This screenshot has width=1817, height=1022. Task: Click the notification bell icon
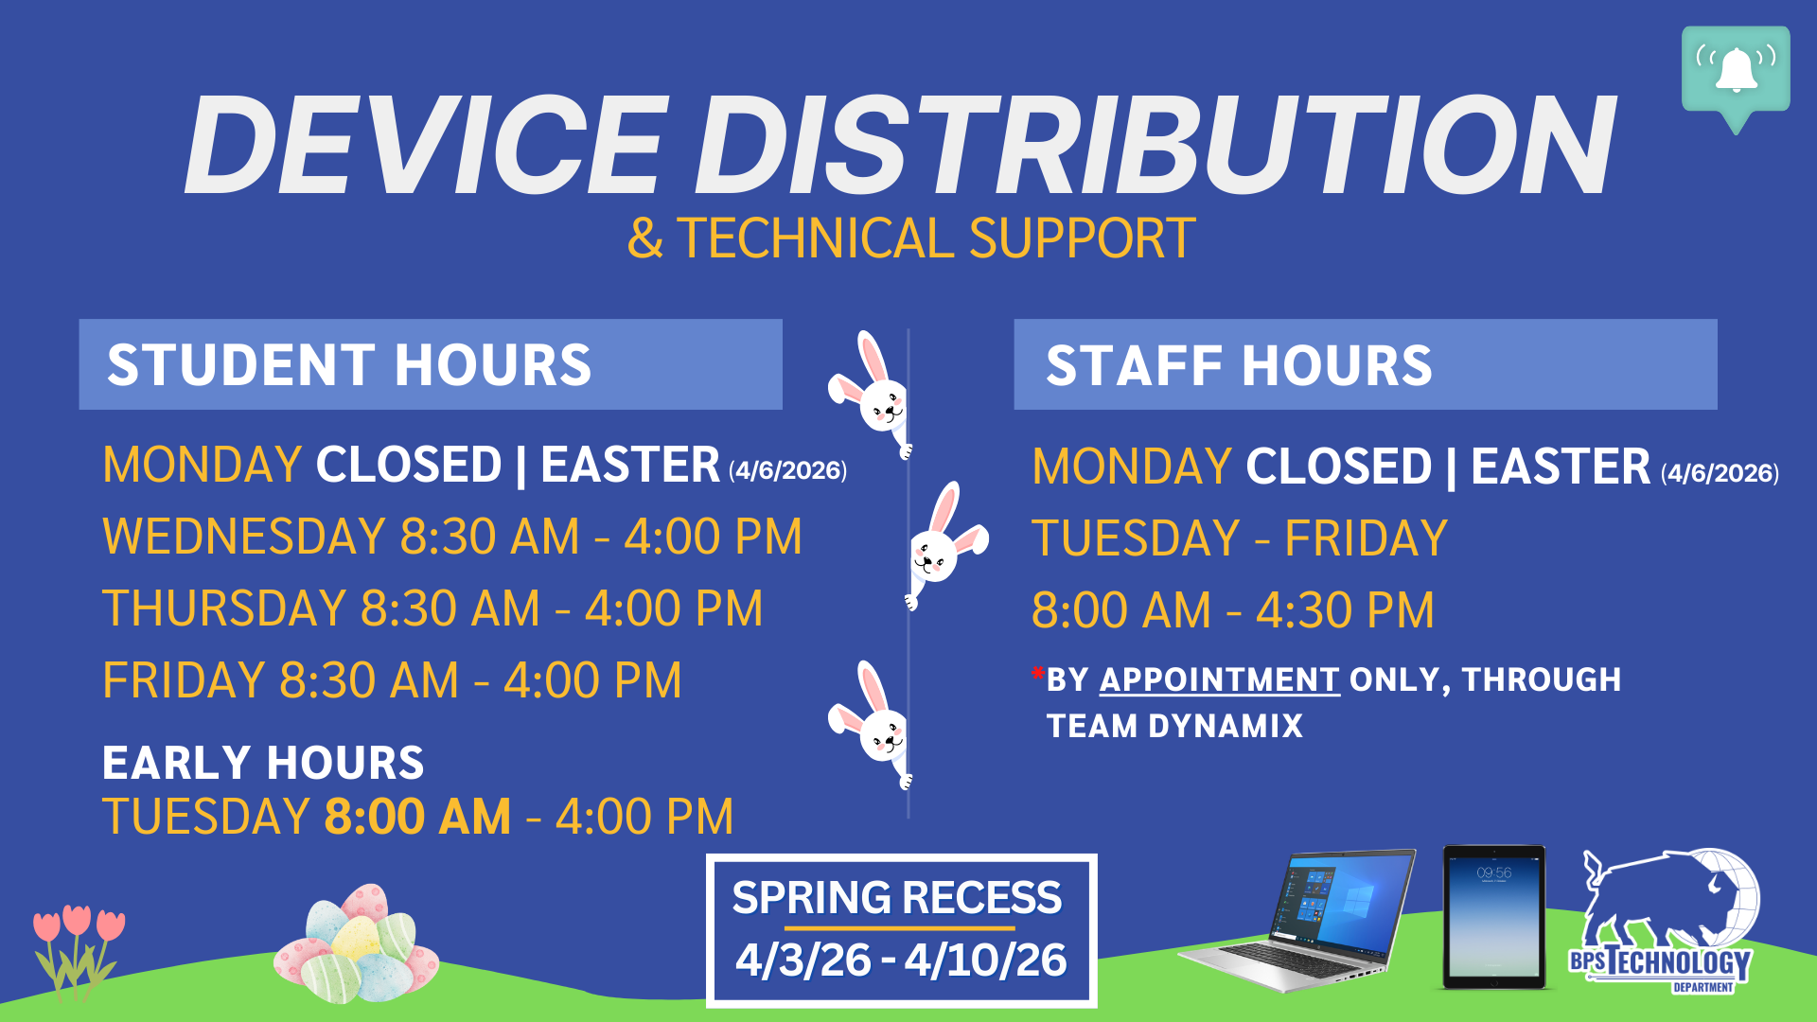coord(1736,70)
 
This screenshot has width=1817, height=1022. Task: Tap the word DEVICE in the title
coord(426,147)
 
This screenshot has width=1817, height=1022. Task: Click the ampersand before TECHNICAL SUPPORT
coord(644,238)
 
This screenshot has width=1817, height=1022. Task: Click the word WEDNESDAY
coord(243,537)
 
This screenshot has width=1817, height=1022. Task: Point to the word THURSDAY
coord(224,608)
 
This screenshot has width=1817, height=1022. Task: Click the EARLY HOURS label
coord(263,763)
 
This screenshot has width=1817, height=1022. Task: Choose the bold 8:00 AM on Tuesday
coord(417,817)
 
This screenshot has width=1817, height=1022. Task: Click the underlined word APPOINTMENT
coord(1219,679)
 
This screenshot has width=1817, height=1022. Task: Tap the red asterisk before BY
coord(1038,675)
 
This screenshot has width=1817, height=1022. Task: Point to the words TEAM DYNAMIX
coord(1174,726)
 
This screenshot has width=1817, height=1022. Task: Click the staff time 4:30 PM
coord(1345,610)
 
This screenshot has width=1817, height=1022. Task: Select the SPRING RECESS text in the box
coord(896,897)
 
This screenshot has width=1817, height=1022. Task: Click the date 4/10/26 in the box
coord(985,960)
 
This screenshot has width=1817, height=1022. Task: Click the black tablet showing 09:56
coord(1493,916)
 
